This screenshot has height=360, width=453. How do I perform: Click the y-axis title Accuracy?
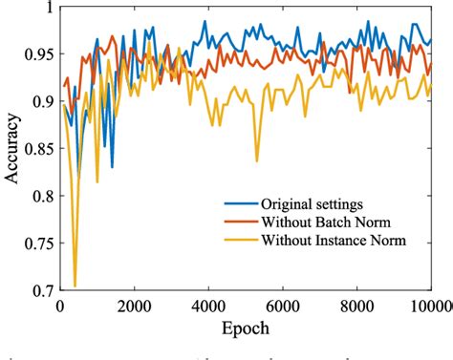point(14,153)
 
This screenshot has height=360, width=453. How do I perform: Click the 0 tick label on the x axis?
point(59,306)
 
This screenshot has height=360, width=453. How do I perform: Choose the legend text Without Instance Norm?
point(334,240)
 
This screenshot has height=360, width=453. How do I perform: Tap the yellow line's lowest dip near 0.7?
point(75,285)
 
